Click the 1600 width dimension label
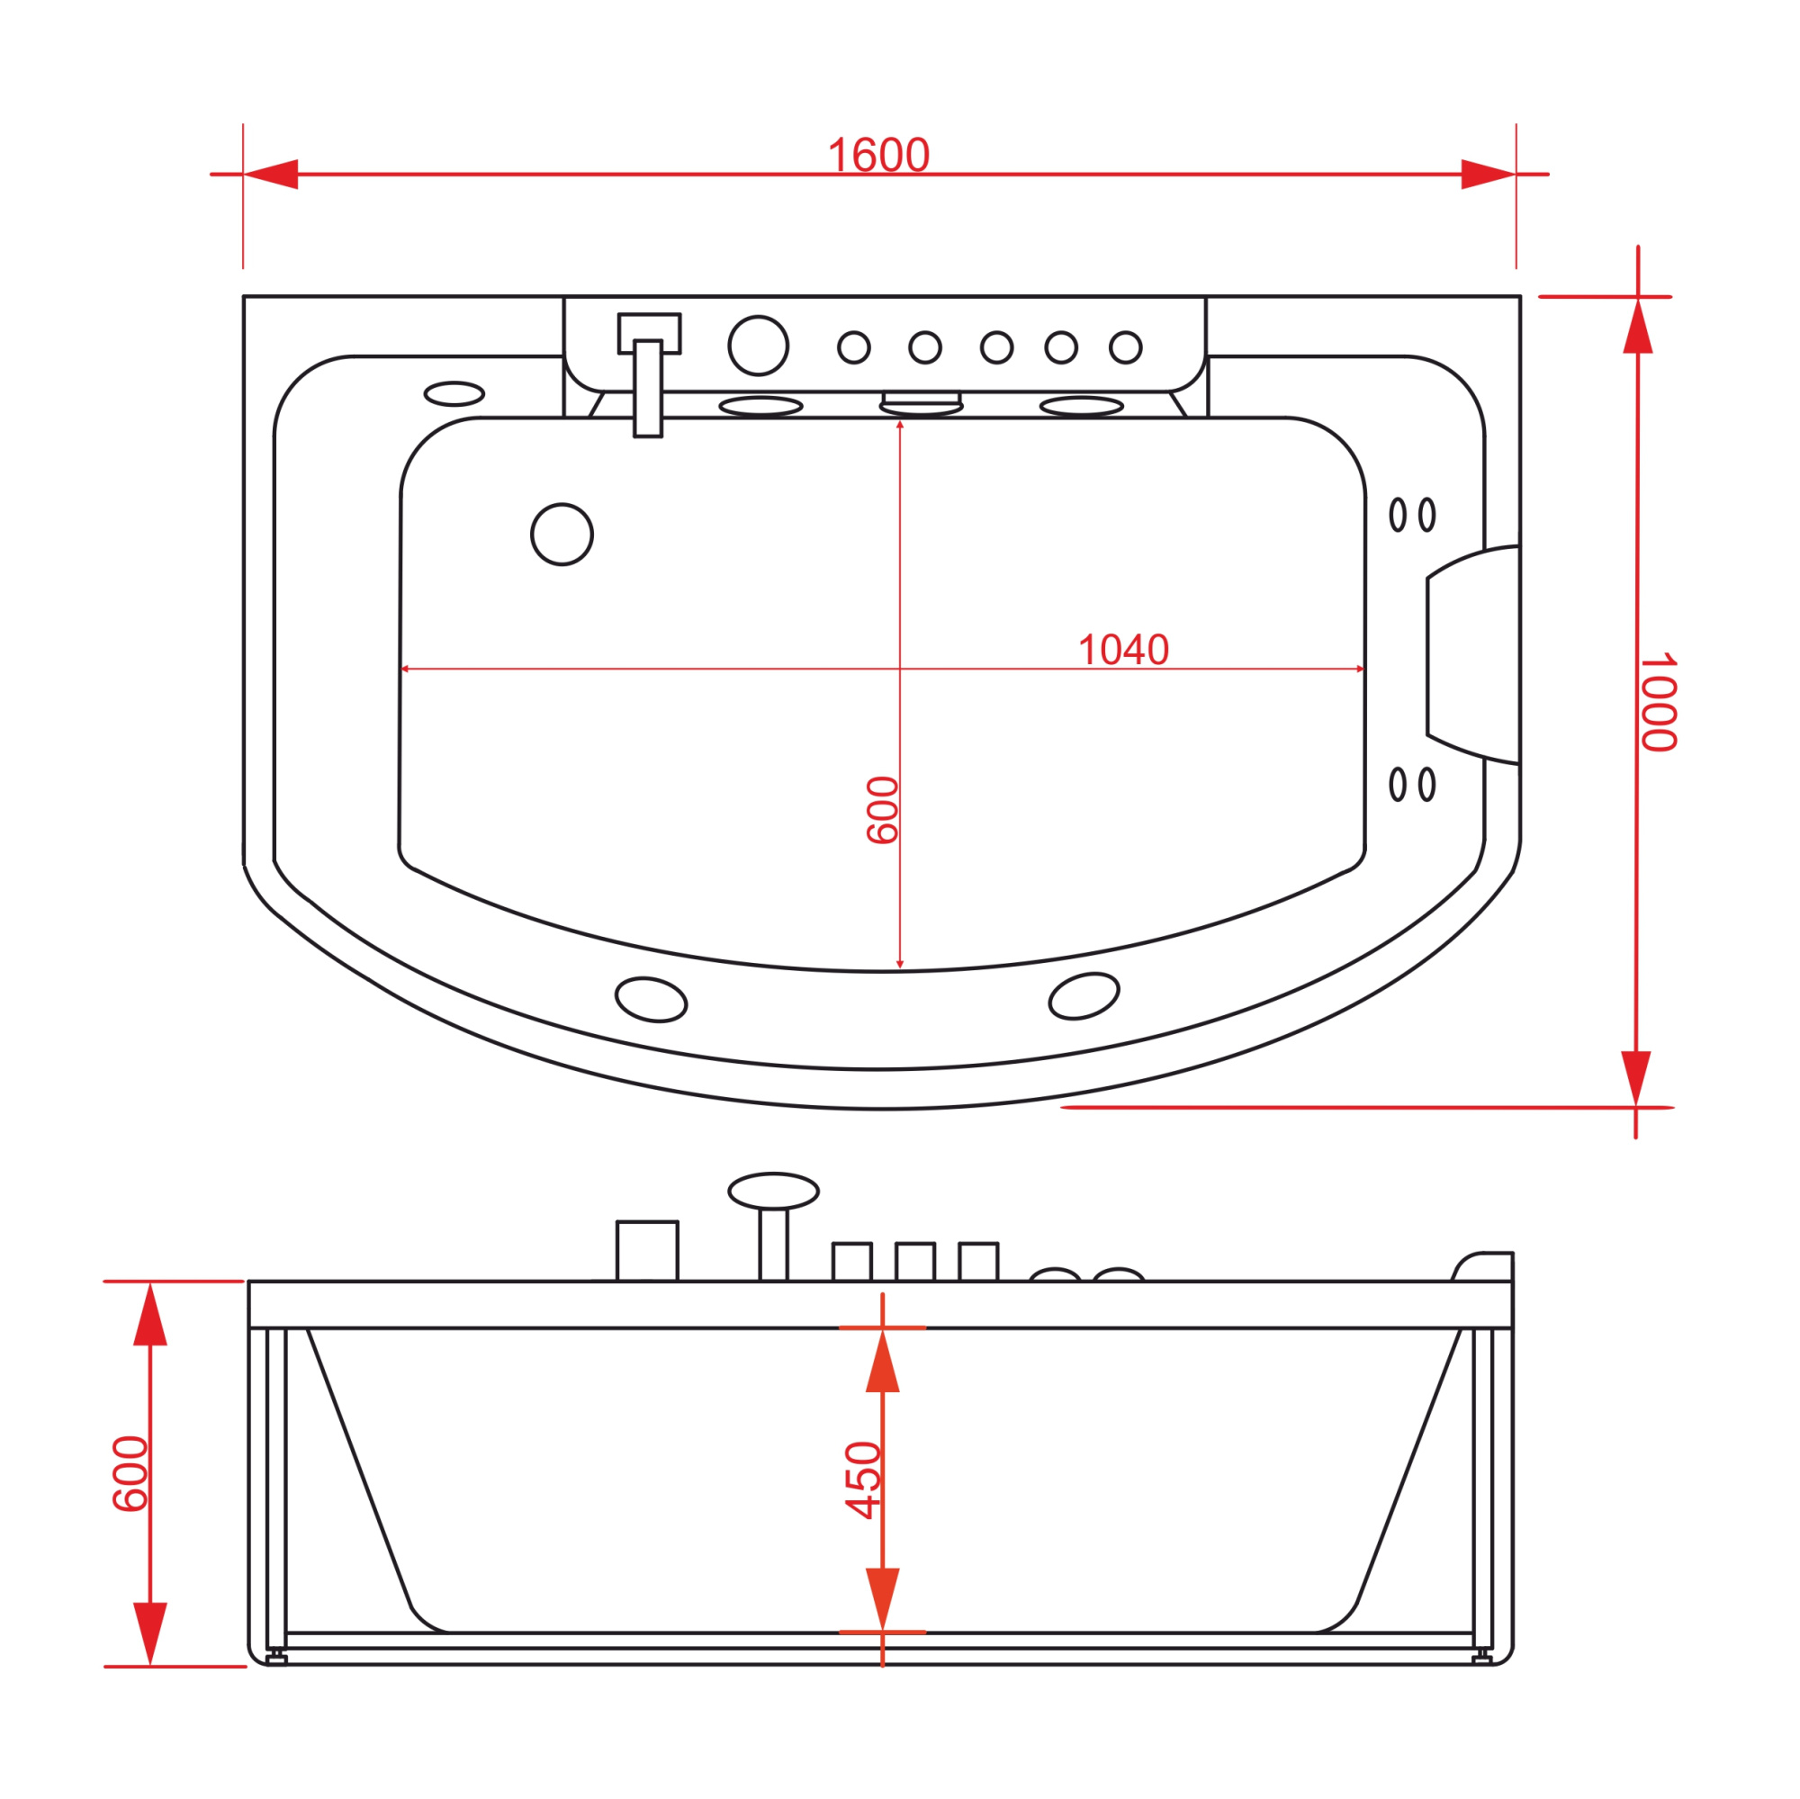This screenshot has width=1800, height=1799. (878, 156)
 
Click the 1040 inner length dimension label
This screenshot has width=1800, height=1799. (1122, 651)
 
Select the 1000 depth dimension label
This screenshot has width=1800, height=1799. (1659, 702)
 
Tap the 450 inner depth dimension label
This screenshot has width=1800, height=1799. (863, 1480)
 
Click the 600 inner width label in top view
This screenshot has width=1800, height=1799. (882, 811)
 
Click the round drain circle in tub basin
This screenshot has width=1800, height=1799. (562, 534)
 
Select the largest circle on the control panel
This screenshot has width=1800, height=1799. (759, 346)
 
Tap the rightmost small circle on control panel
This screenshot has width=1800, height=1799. (1126, 347)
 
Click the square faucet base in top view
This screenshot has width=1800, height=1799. (650, 334)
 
